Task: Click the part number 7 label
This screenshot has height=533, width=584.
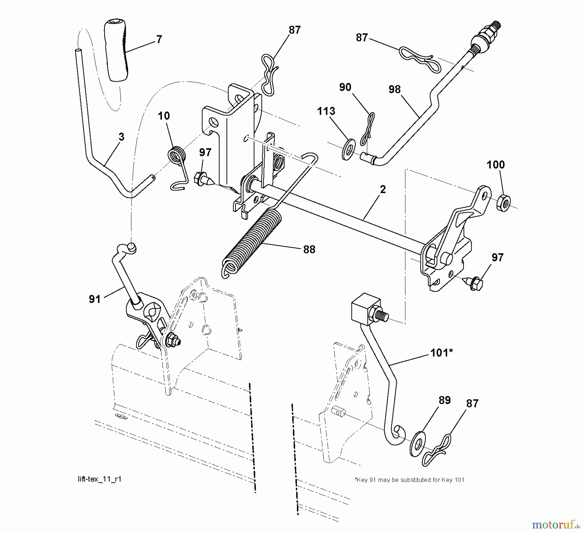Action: (x=159, y=40)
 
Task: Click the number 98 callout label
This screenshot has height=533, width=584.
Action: (x=395, y=89)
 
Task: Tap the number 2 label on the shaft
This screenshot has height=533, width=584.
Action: (x=383, y=190)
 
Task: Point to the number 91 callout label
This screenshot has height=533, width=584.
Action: (x=95, y=299)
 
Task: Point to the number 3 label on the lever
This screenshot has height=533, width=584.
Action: (x=121, y=137)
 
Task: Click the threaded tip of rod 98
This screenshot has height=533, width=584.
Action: (x=495, y=27)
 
